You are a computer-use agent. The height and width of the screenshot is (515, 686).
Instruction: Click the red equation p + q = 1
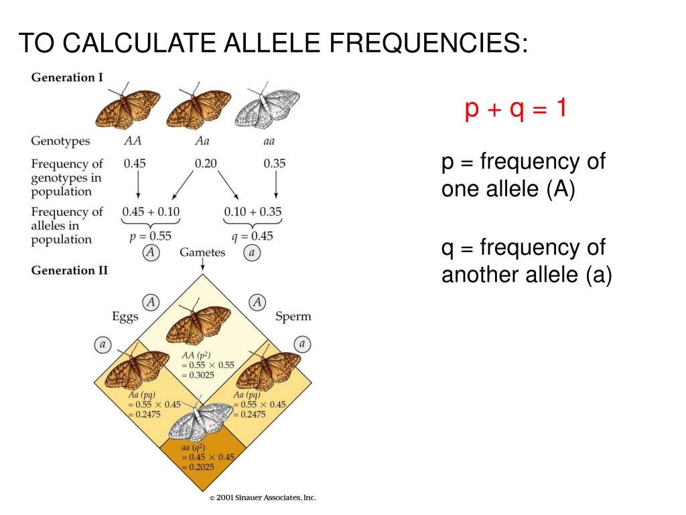pos(516,109)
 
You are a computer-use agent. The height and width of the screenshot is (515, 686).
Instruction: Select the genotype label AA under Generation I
pos(133,141)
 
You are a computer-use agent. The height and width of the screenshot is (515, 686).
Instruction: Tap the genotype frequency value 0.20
pos(206,163)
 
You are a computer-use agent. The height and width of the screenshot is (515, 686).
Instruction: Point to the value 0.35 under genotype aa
pos(275,163)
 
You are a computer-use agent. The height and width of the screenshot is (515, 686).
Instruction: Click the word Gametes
pos(202,253)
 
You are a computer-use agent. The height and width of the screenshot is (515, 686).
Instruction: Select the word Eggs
pos(125,317)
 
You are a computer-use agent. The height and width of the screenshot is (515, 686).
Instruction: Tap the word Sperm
pos(293,317)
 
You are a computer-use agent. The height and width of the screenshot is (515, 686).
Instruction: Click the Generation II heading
pos(70,270)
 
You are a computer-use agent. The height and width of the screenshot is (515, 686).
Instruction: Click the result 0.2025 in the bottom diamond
pos(198,467)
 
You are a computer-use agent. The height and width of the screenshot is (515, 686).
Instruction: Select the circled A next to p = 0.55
pos(151,253)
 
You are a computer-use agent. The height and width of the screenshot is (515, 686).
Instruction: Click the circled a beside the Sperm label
pos(302,344)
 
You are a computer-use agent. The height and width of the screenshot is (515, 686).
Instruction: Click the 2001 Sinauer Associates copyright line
pos(262,498)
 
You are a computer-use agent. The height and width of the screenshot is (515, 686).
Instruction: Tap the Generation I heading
pos(67,77)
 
